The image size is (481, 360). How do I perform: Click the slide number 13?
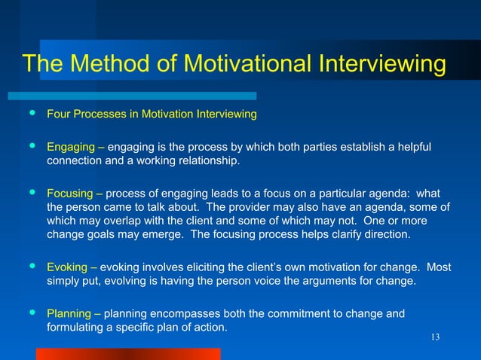434,336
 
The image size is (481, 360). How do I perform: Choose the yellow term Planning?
69,314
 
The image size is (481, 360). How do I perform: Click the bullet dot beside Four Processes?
31,114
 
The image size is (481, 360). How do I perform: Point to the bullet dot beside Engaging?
31,145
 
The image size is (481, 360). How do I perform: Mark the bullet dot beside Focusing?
31,192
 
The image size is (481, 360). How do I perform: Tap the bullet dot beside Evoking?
31,267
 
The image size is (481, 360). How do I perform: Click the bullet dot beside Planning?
31,313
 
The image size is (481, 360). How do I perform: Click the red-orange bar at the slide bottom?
128,353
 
